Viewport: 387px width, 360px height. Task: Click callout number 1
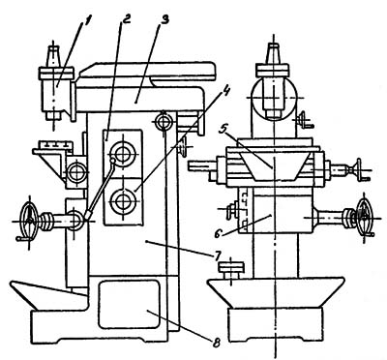[x=87, y=23]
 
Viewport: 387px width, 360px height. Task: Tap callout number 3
[x=164, y=21]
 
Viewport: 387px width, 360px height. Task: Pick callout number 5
[x=232, y=130]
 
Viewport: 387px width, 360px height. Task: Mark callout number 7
[x=217, y=256]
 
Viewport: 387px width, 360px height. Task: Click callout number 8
[x=216, y=343]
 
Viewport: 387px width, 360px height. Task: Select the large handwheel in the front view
[x=365, y=215]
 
